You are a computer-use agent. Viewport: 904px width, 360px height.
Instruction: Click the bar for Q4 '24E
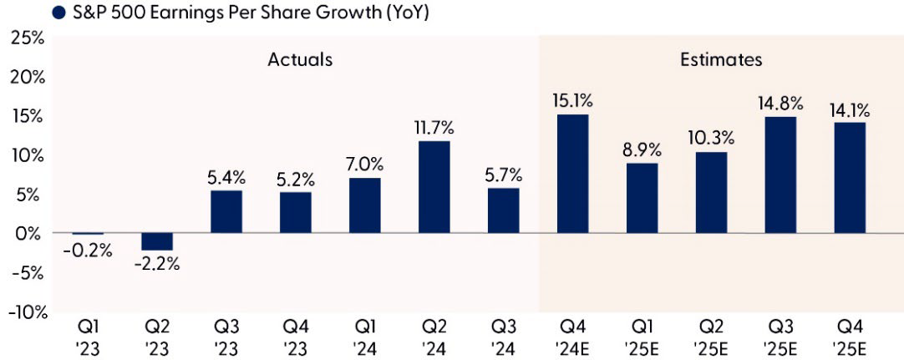572,174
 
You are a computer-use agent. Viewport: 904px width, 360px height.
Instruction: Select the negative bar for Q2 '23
158,241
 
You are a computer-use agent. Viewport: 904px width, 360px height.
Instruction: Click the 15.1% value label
572,101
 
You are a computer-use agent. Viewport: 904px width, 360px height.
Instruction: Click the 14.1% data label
849,109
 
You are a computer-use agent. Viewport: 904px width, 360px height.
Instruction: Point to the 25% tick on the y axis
27,38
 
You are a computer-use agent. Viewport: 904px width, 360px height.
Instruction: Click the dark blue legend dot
58,13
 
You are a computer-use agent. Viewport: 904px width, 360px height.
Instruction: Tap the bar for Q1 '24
365,205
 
